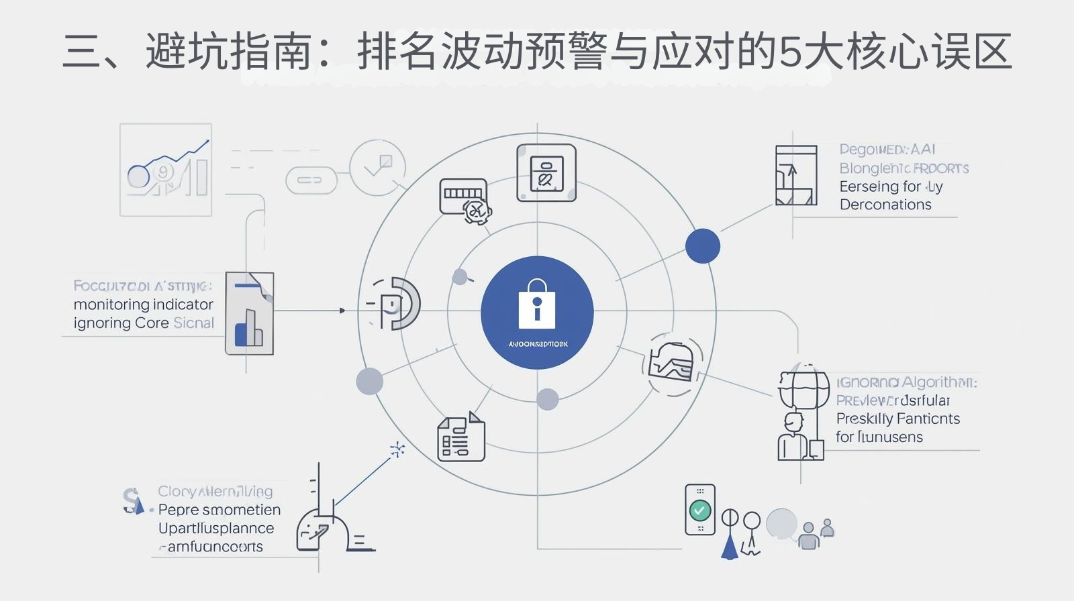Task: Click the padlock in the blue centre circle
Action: point(536,305)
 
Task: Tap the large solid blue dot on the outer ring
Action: point(702,245)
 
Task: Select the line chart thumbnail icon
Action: point(166,170)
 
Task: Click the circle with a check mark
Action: point(377,168)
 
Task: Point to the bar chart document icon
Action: point(249,313)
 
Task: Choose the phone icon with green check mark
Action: point(699,510)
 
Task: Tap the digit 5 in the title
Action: point(789,52)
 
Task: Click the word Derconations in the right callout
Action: point(885,205)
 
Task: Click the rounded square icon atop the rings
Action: point(546,173)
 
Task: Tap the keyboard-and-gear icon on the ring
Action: point(465,200)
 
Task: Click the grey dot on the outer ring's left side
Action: point(369,381)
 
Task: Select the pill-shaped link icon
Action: point(310,180)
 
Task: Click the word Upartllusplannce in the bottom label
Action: point(216,529)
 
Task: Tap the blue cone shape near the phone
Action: point(730,544)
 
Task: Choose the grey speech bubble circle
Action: point(781,523)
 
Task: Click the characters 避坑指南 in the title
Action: point(228,52)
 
